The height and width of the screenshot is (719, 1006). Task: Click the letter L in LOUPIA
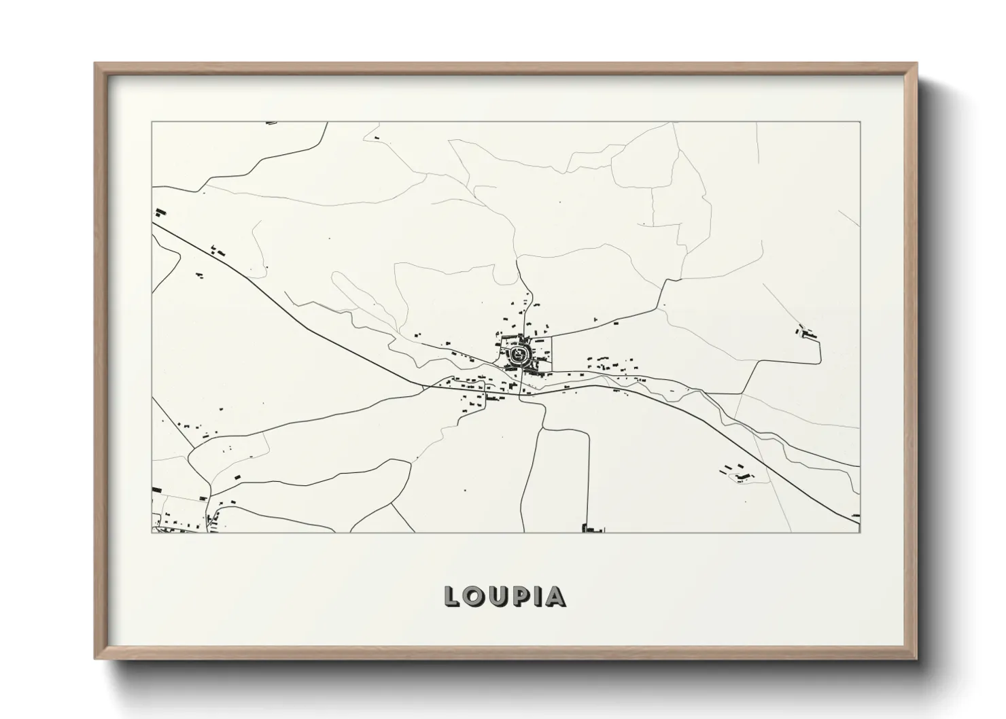(x=451, y=596)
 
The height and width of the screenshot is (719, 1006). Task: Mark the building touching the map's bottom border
(x=593, y=528)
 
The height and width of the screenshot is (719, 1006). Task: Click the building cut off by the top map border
(x=272, y=123)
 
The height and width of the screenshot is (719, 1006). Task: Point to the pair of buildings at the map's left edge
(x=160, y=212)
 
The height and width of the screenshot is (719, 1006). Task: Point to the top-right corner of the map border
(x=860, y=122)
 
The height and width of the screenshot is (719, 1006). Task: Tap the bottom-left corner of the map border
(x=152, y=532)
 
